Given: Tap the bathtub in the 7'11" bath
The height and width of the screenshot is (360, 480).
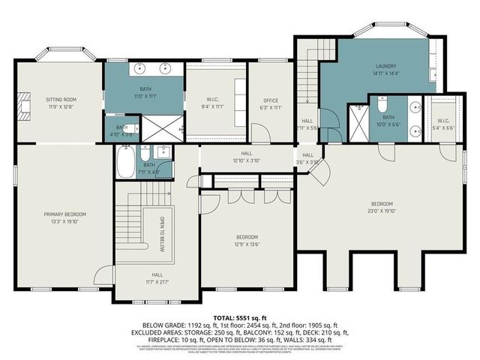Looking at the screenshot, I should click(125, 163).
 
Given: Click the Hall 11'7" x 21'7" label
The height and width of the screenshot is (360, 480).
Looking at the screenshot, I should click(157, 277).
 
